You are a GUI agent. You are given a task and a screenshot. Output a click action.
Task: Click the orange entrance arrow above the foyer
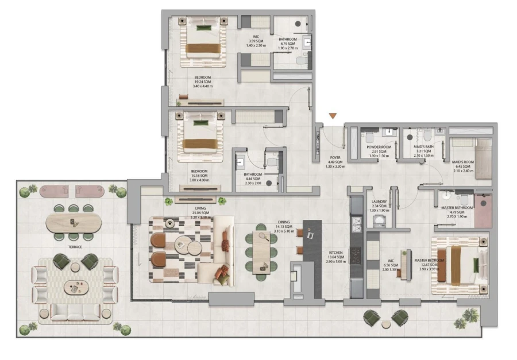point(333,117)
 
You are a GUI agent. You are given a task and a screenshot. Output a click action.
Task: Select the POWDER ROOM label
point(379,147)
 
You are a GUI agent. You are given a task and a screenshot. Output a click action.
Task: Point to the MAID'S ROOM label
point(462,162)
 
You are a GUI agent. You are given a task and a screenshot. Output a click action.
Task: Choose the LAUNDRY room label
point(379,202)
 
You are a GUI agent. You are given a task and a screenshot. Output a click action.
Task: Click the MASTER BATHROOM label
point(457,208)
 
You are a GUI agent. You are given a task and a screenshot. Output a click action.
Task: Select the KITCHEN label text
point(335,253)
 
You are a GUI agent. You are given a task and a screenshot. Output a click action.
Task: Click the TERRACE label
point(74,247)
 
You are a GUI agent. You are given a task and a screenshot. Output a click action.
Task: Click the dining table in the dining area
point(262,252)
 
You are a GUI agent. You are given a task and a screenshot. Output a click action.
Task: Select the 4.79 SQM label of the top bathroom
point(288,44)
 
